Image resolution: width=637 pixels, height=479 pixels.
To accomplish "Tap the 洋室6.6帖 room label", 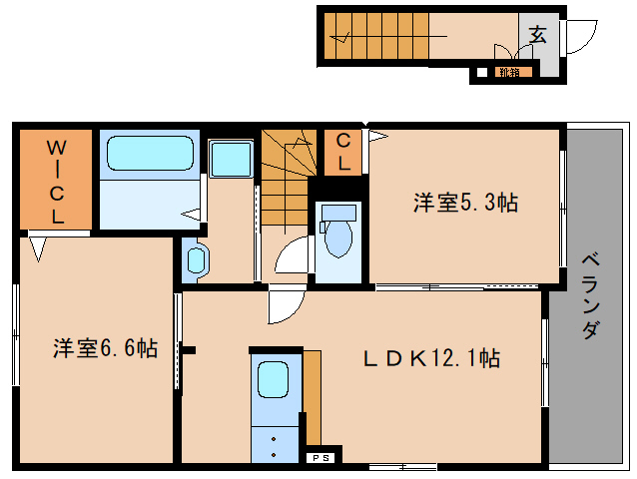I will point(105,348).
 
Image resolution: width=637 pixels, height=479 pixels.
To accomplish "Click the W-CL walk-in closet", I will point(57,180).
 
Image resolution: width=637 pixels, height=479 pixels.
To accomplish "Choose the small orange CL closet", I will point(342,152).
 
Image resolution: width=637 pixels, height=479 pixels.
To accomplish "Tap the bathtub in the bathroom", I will point(149,154).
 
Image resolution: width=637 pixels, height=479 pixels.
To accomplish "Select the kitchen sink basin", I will point(273,380).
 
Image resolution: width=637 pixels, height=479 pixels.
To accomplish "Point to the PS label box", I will point(322,458).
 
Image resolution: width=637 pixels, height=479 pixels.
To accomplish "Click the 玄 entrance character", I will point(537,35).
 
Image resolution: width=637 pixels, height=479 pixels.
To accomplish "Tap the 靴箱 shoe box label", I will point(509,72).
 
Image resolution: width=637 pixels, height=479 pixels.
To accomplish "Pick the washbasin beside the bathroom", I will point(196,260).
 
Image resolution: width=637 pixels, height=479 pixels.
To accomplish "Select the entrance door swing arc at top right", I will point(579,35).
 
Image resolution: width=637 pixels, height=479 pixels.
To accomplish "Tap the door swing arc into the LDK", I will point(285,304).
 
